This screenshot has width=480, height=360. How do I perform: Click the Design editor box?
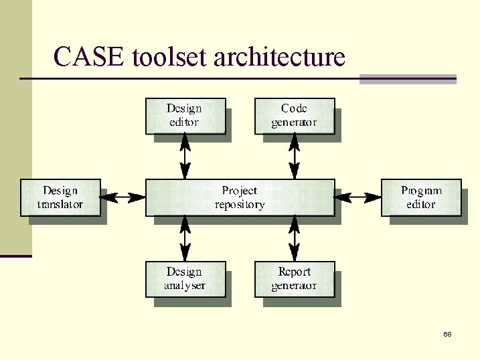coord(185,116)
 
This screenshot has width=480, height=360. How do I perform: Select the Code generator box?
coord(294,116)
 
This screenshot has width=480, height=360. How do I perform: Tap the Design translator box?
coord(60,197)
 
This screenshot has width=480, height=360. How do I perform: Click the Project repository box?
coord(240,197)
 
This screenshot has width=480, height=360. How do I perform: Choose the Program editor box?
coord(421,197)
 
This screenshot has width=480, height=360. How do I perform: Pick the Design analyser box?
coord(185,279)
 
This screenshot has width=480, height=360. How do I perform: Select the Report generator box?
coord(294,279)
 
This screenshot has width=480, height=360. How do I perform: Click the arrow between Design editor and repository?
coord(185,157)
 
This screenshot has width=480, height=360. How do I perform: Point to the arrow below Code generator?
coord(294,157)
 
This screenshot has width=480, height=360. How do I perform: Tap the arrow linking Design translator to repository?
coord(123,197)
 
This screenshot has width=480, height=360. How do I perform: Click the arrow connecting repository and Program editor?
coord(357,197)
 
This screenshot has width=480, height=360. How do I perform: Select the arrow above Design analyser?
coord(185,238)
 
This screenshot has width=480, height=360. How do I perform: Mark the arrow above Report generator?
coord(294,238)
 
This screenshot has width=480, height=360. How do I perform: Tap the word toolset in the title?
coord(170,58)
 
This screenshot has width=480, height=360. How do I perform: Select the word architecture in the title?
coord(279,58)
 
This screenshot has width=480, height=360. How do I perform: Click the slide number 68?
coord(447,334)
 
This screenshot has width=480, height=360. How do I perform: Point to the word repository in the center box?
coord(240,205)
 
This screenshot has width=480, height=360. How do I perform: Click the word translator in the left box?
coord(60,205)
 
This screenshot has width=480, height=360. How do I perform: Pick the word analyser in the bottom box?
coord(185,286)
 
